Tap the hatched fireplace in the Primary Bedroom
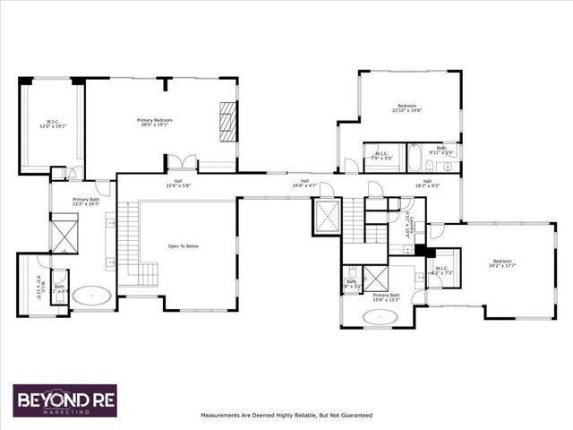229,121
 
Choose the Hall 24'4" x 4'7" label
304,184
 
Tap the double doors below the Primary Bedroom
183,163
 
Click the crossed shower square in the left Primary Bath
64,236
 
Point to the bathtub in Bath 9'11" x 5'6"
417,157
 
